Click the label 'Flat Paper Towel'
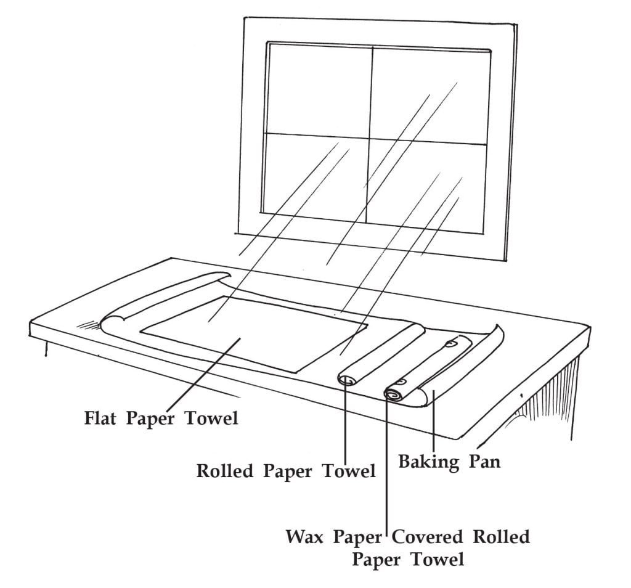coord(161,419)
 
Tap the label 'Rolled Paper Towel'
coord(286,472)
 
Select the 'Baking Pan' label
coord(449,462)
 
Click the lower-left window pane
coord(314,179)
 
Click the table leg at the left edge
coord(46,348)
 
